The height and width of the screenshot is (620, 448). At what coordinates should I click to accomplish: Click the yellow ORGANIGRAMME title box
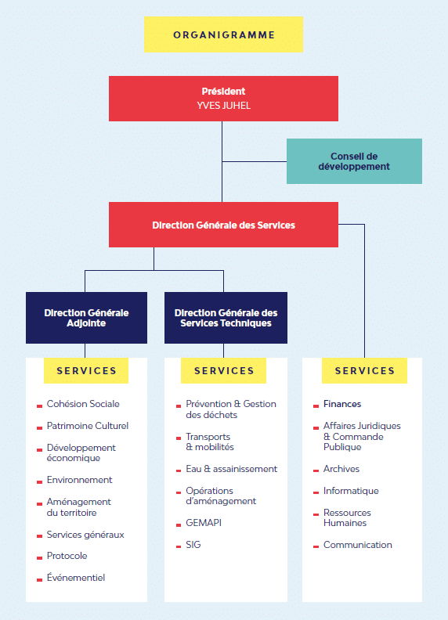(x=223, y=34)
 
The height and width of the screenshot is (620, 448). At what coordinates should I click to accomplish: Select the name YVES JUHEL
(x=223, y=106)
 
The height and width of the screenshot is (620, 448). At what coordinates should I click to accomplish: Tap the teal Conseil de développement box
(x=354, y=161)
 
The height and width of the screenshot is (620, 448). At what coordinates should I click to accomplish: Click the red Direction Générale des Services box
(x=223, y=225)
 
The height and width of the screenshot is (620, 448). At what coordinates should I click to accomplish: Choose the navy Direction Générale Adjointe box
(x=86, y=318)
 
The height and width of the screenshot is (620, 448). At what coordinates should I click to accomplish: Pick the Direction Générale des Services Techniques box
(x=226, y=318)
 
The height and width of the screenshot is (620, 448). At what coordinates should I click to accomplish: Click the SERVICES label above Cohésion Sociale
(x=86, y=370)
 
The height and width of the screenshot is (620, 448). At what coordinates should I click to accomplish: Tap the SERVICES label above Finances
(x=364, y=370)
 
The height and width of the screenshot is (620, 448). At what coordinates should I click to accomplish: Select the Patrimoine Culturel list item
(x=88, y=426)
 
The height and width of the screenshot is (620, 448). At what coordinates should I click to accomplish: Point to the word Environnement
(x=80, y=480)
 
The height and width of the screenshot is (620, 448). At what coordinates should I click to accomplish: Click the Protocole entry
(x=67, y=556)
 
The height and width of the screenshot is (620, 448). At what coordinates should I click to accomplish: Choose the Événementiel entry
(x=76, y=577)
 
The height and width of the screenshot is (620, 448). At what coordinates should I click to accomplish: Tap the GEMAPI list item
(x=204, y=523)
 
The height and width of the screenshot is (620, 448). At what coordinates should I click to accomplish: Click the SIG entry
(x=193, y=545)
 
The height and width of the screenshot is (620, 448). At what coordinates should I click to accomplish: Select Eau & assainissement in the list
(x=232, y=469)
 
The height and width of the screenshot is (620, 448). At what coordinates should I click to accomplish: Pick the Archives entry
(x=341, y=469)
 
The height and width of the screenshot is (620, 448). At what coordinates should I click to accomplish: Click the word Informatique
(x=351, y=491)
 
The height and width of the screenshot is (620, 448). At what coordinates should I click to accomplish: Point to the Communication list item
(x=358, y=545)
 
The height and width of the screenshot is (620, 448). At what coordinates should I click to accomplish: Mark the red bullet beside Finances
(x=316, y=406)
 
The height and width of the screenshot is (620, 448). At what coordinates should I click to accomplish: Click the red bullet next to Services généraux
(x=39, y=536)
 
